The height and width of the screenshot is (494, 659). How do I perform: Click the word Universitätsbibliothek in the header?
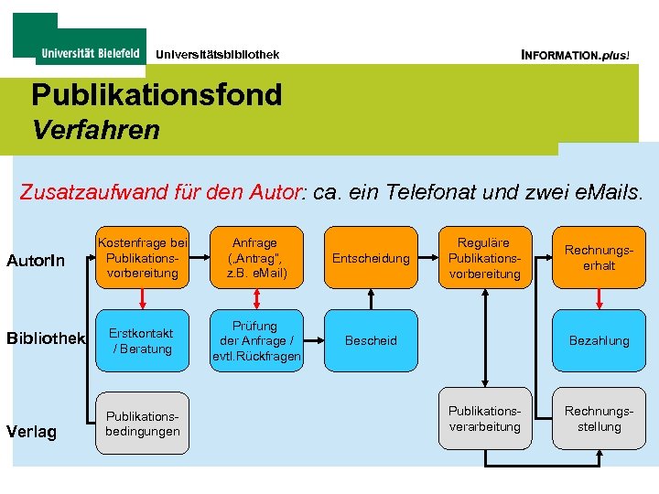(x=217, y=55)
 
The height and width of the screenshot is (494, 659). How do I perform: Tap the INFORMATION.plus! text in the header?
(x=575, y=55)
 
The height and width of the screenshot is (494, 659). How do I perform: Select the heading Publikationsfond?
(x=157, y=94)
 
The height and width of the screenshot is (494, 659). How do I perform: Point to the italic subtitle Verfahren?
(x=95, y=131)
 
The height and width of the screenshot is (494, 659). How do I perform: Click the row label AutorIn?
(x=36, y=261)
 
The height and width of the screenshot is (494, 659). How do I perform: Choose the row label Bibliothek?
(x=46, y=338)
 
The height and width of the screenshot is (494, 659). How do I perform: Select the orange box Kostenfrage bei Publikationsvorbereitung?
(x=143, y=258)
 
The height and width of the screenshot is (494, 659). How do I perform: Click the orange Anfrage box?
(x=255, y=258)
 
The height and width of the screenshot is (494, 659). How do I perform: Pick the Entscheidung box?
(x=371, y=259)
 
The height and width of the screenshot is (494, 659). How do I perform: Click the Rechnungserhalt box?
(x=600, y=258)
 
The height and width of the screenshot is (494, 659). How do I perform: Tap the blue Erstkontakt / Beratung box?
(x=143, y=340)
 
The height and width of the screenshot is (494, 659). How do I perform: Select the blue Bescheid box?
(x=371, y=340)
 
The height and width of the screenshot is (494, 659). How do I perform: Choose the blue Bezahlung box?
(x=600, y=340)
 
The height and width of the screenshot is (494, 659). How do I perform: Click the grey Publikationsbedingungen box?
(x=143, y=424)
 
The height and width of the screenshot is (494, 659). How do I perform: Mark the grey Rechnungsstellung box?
(x=600, y=419)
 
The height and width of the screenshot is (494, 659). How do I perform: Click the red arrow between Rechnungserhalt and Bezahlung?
(x=600, y=300)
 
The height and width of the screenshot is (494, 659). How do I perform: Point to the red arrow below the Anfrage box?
(x=255, y=300)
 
